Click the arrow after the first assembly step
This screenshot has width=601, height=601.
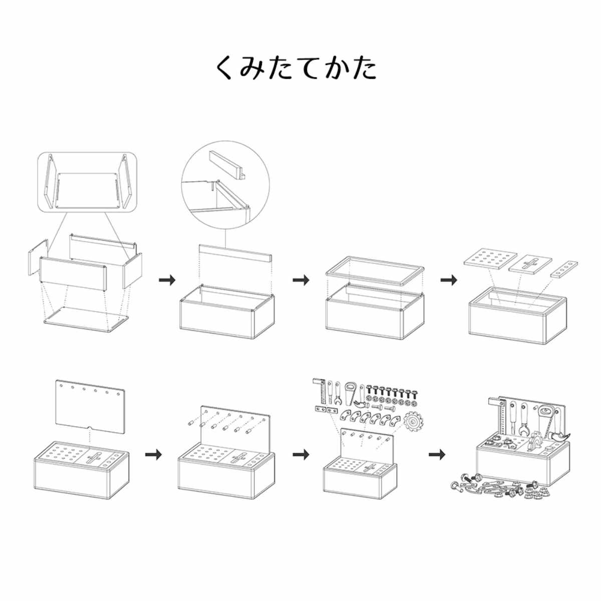pyautogui.click(x=167, y=279)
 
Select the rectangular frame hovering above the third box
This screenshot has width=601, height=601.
pyautogui.click(x=375, y=271)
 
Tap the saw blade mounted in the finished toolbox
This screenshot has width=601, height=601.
pyautogui.click(x=534, y=443)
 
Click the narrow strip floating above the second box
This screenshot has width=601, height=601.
pyautogui.click(x=235, y=254)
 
